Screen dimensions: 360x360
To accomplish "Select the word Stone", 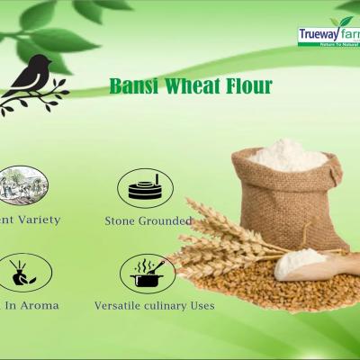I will [x=122, y=220].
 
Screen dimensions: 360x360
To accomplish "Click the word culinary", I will [x=172, y=305].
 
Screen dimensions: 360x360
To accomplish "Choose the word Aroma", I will [x=40, y=305].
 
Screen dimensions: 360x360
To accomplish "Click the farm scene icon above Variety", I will [x=20, y=184].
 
